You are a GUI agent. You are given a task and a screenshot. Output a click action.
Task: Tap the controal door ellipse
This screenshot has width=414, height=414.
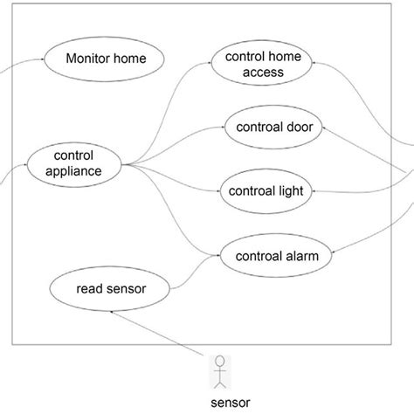273,127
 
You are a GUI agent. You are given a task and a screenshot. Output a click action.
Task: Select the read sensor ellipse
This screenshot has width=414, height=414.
111,287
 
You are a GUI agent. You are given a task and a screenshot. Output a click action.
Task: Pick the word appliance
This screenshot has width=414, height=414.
75,171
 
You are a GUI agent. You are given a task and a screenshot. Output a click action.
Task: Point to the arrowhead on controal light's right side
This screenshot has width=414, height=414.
314,190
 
